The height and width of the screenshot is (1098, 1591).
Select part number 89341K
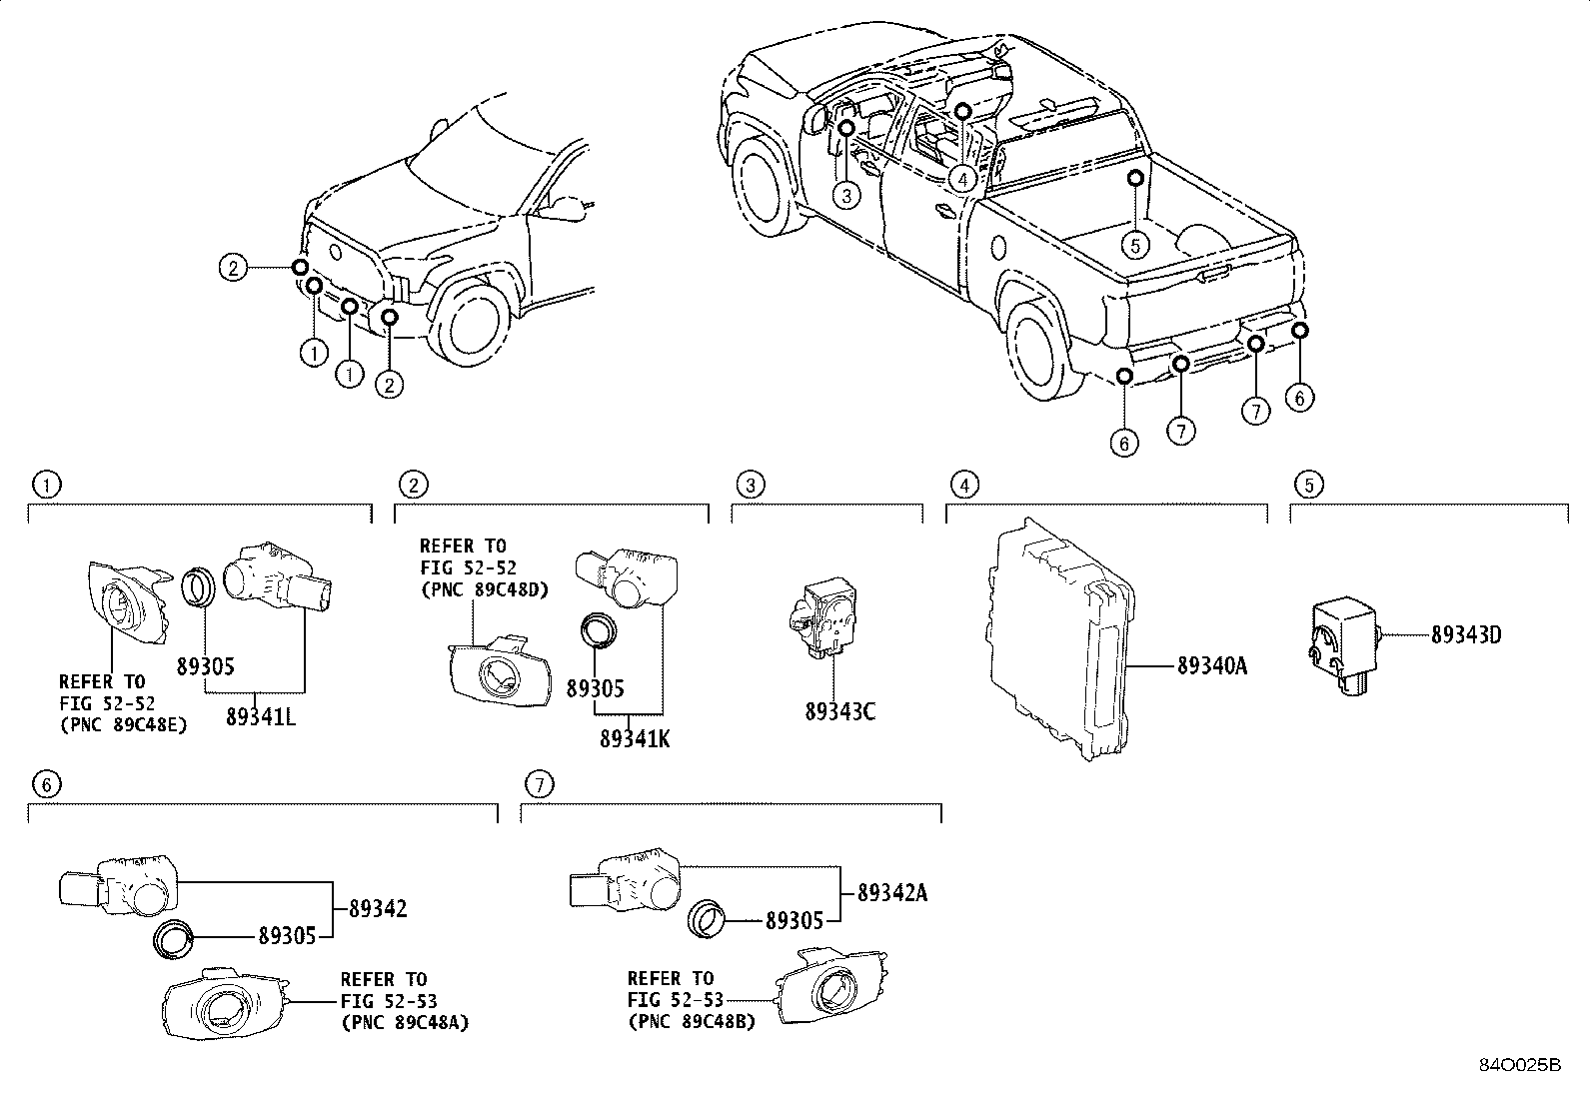tap(635, 739)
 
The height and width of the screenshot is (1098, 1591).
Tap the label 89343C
tap(839, 711)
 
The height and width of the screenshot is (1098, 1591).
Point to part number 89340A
tap(1211, 665)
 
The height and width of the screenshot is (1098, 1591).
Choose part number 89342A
tap(891, 893)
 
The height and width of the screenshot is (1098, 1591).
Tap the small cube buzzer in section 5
tap(1343, 639)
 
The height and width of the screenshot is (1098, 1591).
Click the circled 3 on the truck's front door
tap(845, 195)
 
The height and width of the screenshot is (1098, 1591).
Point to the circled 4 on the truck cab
tap(960, 179)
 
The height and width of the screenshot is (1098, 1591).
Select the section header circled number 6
tap(45, 784)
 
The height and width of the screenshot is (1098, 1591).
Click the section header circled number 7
tap(539, 784)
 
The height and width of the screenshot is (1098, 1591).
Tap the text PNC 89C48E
tap(123, 725)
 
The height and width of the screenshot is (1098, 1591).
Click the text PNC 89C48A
tap(404, 1022)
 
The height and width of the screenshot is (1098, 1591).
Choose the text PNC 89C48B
tap(691, 1021)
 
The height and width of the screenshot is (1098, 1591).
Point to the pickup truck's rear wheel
tap(1044, 353)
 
